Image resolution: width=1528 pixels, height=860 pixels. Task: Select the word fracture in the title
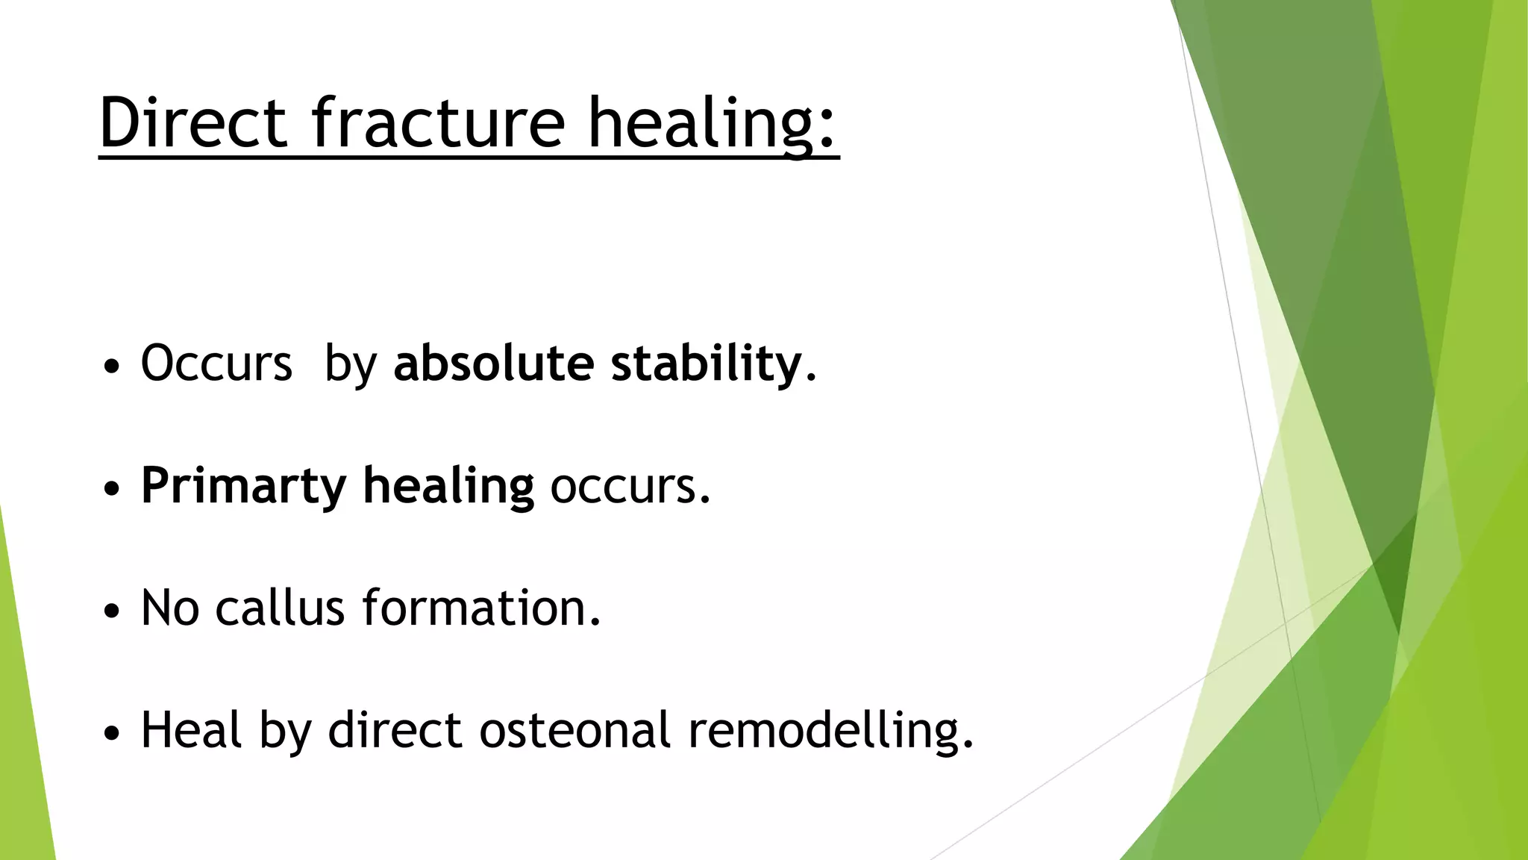pyautogui.click(x=438, y=122)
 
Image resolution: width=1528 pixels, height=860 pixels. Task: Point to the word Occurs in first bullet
pyautogui.click(x=216, y=364)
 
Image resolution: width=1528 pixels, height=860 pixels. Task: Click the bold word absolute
pyautogui.click(x=493, y=364)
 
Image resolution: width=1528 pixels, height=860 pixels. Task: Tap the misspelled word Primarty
pyautogui.click(x=243, y=487)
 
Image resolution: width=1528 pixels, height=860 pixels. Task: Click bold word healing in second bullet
pyautogui.click(x=448, y=487)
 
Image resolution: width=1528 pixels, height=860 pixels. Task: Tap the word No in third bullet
pyautogui.click(x=170, y=608)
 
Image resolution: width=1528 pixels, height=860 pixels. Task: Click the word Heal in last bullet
pyautogui.click(x=191, y=730)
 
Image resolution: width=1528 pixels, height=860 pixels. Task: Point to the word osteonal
pyautogui.click(x=574, y=730)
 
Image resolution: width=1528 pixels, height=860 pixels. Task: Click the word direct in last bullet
pyautogui.click(x=395, y=730)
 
